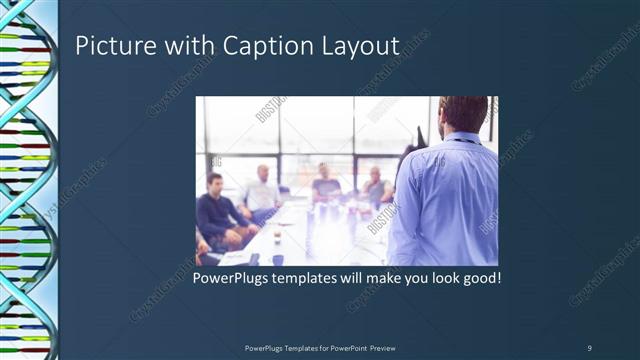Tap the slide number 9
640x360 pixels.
589,347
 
